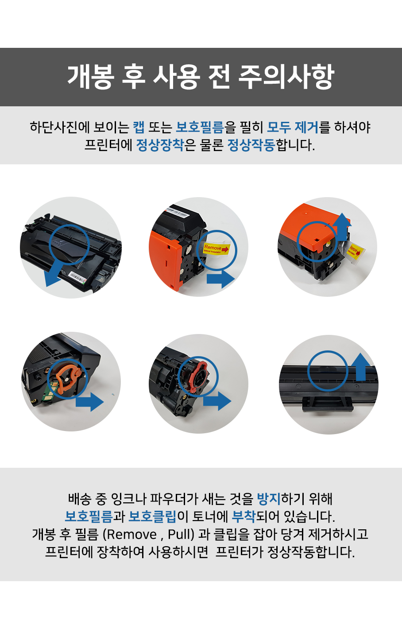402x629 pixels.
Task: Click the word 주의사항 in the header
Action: tap(286, 76)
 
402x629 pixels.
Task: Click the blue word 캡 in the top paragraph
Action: tap(139, 127)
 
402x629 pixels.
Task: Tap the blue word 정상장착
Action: tap(160, 145)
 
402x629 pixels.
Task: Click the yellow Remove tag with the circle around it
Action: tap(216, 248)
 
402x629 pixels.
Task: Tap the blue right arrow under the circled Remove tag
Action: tap(220, 279)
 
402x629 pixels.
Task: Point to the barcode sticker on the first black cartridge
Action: tap(77, 277)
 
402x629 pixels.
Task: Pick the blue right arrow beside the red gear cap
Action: tap(217, 401)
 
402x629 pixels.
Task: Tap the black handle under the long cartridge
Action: tap(327, 405)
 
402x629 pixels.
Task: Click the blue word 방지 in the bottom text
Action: tap(269, 498)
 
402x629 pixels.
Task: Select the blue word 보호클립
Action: tap(152, 516)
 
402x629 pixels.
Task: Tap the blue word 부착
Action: tap(244, 516)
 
